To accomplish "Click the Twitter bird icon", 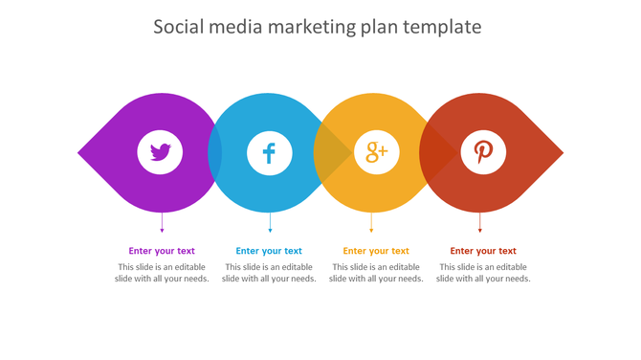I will [x=161, y=152].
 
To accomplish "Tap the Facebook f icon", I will [x=269, y=152].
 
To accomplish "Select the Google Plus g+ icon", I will [x=376, y=152].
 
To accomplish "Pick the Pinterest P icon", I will [x=484, y=152].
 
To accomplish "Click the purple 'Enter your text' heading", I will [x=162, y=251].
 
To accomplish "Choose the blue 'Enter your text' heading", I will [x=269, y=251].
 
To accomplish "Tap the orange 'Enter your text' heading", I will [x=376, y=251].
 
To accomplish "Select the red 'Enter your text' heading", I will [x=483, y=251].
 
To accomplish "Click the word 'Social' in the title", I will [x=180, y=27].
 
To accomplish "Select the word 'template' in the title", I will [x=441, y=27].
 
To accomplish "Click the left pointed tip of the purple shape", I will [x=80, y=152].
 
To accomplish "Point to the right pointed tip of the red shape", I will [x=561, y=152].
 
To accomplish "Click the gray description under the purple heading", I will [x=162, y=273].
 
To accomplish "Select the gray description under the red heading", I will [x=483, y=273].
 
